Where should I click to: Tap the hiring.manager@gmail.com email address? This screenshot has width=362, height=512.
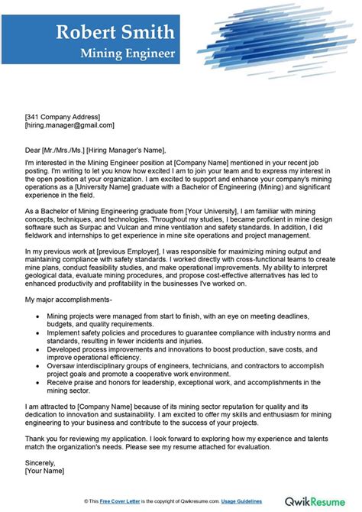point(69,125)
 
